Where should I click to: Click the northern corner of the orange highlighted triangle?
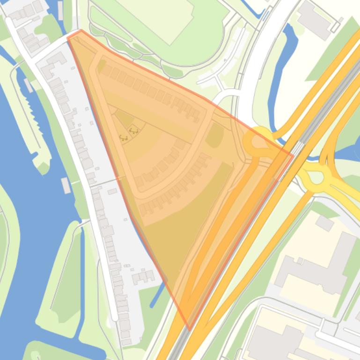coord(81,31)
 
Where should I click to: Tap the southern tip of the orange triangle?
coord(189,329)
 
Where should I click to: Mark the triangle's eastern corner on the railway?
coord(293,156)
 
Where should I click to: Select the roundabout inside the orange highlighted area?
coord(257,142)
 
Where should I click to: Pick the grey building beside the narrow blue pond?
coord(315,20)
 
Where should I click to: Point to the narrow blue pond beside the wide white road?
coord(282,70)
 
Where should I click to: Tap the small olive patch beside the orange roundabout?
coord(214,136)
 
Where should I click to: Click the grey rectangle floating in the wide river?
coord(66,186)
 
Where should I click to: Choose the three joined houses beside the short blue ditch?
coord(143,277)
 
